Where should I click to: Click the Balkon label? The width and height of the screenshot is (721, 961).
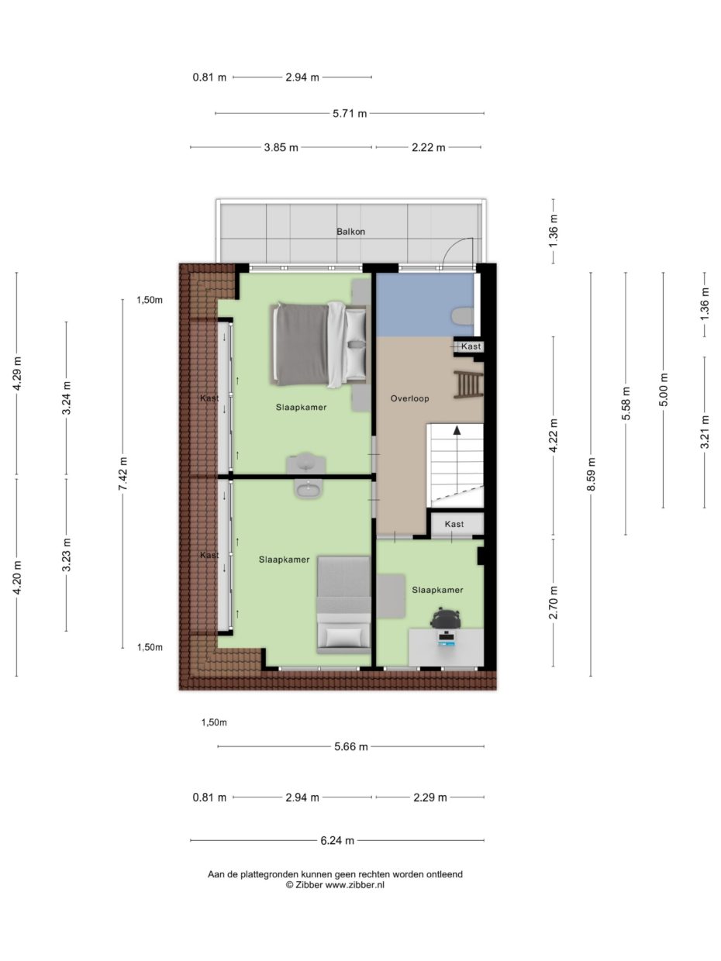click(x=350, y=232)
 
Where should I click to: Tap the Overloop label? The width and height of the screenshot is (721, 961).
click(x=409, y=398)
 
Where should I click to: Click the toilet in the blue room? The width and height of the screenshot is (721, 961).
click(x=462, y=315)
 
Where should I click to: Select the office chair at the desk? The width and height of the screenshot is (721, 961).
click(x=446, y=618)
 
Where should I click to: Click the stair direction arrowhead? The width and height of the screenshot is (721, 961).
click(x=457, y=429)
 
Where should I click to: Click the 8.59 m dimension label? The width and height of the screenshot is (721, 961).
click(x=591, y=474)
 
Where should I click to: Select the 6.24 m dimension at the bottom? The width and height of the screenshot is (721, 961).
click(x=337, y=840)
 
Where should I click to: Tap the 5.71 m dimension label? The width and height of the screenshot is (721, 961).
click(x=350, y=113)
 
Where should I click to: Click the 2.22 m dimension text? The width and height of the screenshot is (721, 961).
click(x=428, y=147)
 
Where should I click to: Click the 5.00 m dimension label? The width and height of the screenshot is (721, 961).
click(x=663, y=389)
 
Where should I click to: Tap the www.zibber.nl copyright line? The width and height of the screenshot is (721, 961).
click(x=335, y=884)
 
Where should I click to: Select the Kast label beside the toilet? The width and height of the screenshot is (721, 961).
click(x=471, y=346)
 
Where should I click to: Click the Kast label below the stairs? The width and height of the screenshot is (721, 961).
click(x=454, y=525)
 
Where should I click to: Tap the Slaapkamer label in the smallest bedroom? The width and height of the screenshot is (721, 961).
click(x=437, y=590)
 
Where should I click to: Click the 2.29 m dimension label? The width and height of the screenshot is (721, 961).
click(x=429, y=797)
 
